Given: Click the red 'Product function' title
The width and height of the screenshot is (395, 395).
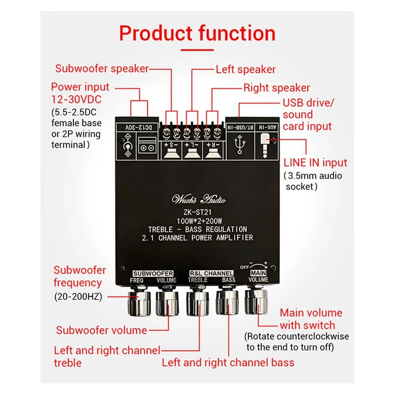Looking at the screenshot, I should pyautogui.click(x=197, y=34).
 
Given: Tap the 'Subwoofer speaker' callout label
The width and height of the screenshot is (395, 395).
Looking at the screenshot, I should pyautogui.click(x=102, y=69).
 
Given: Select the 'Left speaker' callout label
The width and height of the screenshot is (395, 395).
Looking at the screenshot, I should pyautogui.click(x=245, y=70).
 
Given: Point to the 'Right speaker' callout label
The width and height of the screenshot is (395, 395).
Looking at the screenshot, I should pyautogui.click(x=276, y=88).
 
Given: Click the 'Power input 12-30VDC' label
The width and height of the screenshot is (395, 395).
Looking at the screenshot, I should pyautogui.click(x=80, y=93).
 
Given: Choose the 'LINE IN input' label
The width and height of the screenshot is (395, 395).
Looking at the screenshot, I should pyautogui.click(x=315, y=162).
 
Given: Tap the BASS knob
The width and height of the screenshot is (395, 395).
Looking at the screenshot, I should pyautogui.click(x=228, y=303).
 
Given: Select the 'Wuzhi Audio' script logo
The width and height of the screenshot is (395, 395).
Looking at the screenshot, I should pyautogui.click(x=198, y=199).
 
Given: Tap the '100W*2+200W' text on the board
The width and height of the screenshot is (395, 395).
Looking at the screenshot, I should pyautogui.click(x=197, y=221).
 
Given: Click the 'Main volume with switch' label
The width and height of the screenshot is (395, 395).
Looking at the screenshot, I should pyautogui.click(x=311, y=319).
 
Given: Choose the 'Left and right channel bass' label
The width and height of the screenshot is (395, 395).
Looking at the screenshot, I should pyautogui.click(x=228, y=362).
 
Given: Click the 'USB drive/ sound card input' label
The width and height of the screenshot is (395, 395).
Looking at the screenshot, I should pyautogui.click(x=308, y=115).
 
